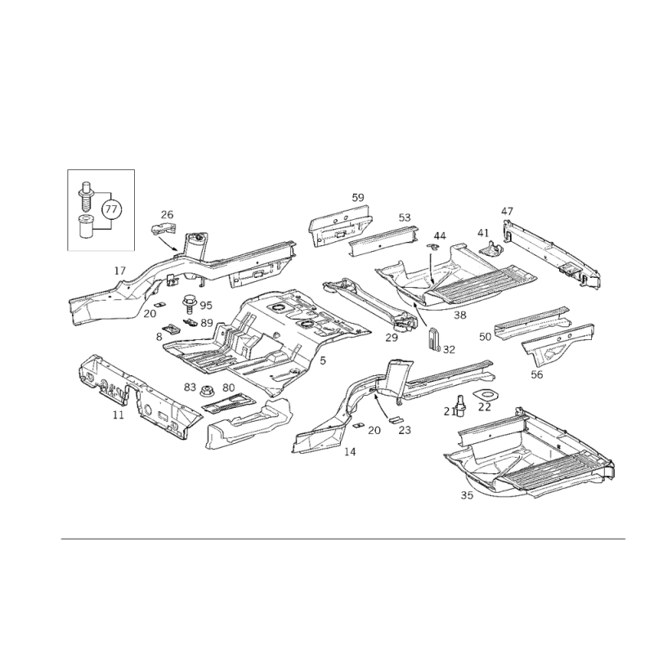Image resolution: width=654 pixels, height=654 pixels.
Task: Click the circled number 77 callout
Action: [111, 208]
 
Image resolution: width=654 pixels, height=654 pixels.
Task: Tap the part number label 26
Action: [167, 215]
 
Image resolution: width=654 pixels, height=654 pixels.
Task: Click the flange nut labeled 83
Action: [206, 392]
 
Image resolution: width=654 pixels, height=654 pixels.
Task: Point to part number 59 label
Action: [358, 198]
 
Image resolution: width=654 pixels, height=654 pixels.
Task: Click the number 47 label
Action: [507, 211]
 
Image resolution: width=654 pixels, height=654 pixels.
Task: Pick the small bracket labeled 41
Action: [491, 249]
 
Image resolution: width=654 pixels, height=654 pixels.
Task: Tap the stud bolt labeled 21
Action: [461, 405]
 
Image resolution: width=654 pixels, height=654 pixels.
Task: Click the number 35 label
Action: [467, 495]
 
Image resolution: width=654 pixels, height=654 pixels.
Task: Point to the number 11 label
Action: [119, 415]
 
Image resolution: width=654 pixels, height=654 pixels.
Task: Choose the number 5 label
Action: [323, 361]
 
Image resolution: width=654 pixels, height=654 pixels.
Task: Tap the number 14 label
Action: [351, 451]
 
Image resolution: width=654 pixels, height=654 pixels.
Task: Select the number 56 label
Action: [537, 374]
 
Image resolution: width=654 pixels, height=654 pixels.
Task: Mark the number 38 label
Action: [460, 315]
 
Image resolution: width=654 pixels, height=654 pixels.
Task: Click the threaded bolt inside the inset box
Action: [85, 196]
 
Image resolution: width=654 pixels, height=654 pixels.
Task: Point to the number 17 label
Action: [119, 271]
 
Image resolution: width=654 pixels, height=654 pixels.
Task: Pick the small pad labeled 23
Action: [395, 419]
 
